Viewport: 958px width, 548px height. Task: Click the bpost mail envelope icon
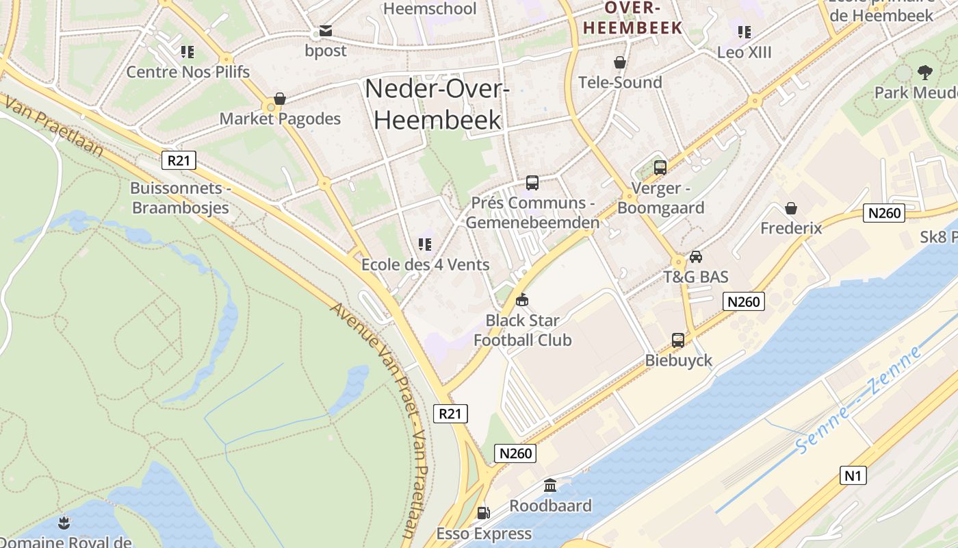325,31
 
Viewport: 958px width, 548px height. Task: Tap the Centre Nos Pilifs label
188,72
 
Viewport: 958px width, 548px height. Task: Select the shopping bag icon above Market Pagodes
279,99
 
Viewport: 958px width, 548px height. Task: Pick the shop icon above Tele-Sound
620,62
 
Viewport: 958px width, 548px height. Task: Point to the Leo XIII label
744,52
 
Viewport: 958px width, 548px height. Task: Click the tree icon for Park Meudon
924,72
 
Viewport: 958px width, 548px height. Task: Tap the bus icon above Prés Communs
532,183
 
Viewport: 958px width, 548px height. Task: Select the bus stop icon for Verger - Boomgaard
660,167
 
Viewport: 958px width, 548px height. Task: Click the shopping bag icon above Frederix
791,208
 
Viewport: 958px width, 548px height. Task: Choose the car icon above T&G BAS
696,257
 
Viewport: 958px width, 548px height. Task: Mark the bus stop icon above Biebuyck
678,340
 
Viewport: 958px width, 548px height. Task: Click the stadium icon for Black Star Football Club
522,300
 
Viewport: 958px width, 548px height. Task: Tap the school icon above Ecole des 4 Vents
424,245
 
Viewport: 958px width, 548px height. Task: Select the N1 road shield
853,475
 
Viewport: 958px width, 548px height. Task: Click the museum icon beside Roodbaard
549,486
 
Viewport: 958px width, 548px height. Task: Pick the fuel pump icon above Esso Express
483,512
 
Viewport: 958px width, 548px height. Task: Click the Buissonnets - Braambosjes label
180,198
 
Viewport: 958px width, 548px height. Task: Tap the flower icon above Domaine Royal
64,524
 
